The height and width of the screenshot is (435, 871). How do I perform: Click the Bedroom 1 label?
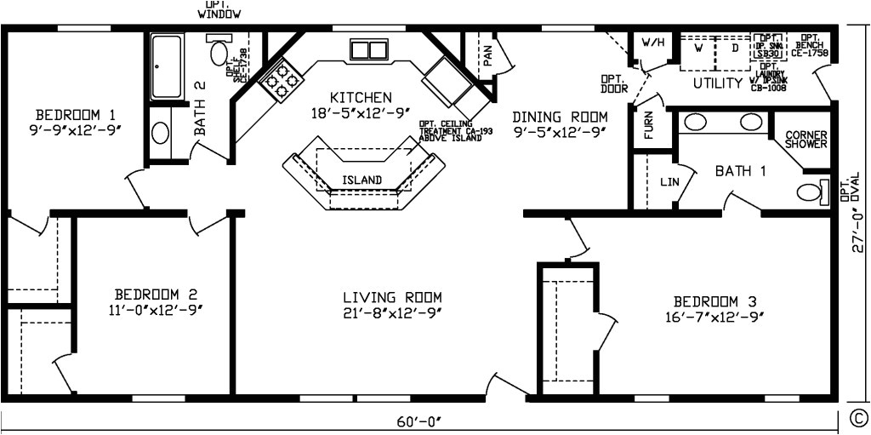click(x=76, y=114)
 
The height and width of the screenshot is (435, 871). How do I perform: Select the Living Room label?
click(x=392, y=297)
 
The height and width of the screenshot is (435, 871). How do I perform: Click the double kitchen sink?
click(x=368, y=49)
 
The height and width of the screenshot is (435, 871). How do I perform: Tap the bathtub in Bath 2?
click(x=166, y=67)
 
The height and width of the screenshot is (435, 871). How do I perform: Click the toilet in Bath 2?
click(x=219, y=52)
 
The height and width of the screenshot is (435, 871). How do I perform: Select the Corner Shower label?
click(x=806, y=140)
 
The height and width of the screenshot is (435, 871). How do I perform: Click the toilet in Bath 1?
click(x=812, y=191)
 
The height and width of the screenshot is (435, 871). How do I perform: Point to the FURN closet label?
click(x=649, y=127)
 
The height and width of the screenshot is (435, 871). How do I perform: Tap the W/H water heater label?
click(x=652, y=43)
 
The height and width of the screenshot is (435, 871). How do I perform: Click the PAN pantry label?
click(x=487, y=56)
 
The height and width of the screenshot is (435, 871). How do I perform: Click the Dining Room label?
click(x=560, y=116)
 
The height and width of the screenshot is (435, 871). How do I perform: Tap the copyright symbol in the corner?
click(x=858, y=416)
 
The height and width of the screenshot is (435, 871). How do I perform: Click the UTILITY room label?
click(x=718, y=83)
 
